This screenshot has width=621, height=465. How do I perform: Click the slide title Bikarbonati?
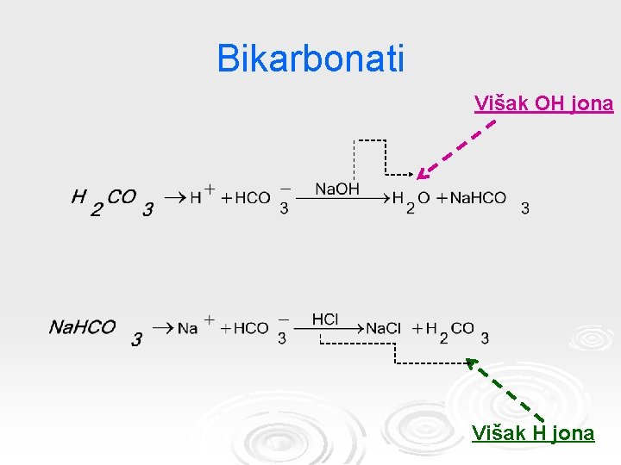[x=310, y=59]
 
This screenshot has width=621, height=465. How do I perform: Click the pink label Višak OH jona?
[x=543, y=104]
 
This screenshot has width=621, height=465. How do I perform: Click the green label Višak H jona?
[x=533, y=433]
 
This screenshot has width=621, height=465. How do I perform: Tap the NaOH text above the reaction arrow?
[x=337, y=189]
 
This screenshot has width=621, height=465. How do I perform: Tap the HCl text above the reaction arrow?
[x=325, y=319]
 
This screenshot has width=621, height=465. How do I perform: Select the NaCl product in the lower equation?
[x=384, y=329]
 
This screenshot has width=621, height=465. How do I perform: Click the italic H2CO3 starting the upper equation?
[x=112, y=201]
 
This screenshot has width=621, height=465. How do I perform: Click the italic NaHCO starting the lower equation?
[x=83, y=327]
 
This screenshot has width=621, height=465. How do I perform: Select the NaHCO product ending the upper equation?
[x=479, y=199]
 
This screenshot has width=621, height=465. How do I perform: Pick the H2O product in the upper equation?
[x=411, y=201]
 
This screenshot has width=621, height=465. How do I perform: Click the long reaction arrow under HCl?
[x=328, y=328]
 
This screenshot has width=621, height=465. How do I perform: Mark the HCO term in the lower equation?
[x=251, y=328]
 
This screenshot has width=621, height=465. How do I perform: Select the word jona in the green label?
[x=573, y=433]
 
